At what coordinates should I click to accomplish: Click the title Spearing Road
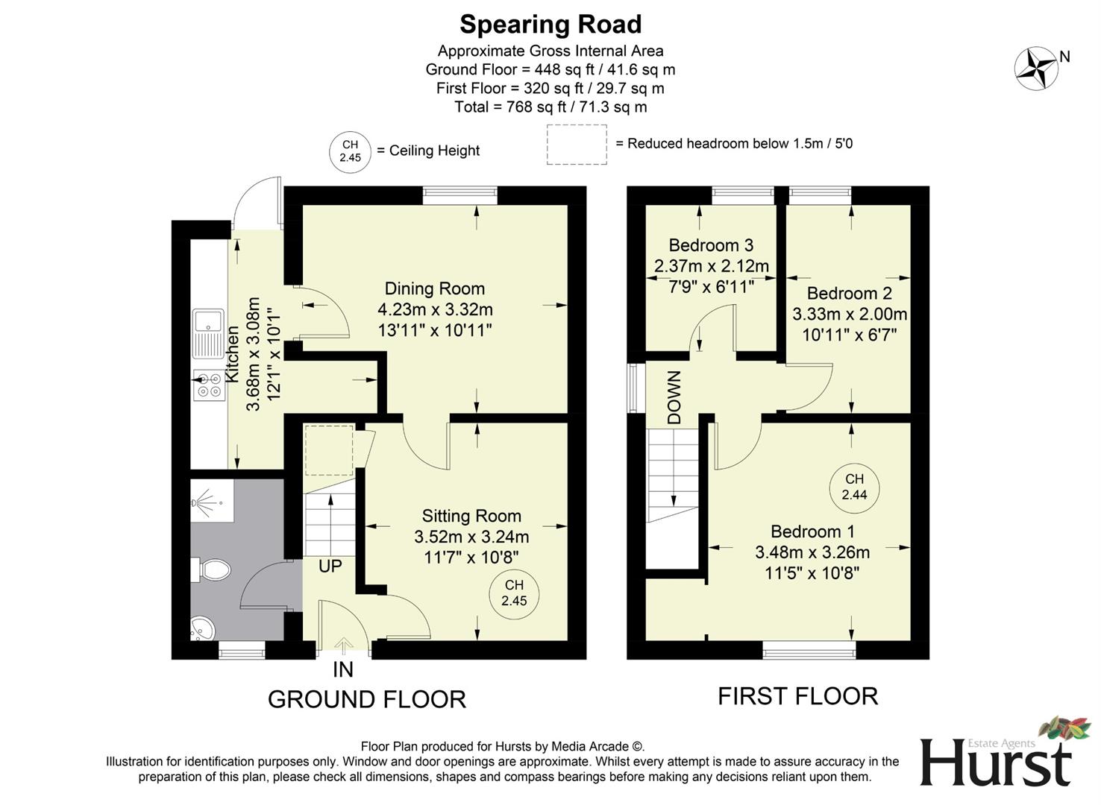[x=550, y=25]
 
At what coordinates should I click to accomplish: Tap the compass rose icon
[x=1035, y=69]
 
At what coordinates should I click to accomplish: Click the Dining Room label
[x=434, y=288]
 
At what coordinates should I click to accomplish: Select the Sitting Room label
[x=471, y=516]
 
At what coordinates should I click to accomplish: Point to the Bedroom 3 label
[x=711, y=245]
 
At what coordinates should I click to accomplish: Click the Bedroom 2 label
[x=849, y=293]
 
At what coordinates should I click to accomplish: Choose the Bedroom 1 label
[x=812, y=531]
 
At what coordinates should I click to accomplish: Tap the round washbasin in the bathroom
[x=201, y=629]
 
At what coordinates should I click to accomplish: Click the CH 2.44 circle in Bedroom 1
[x=854, y=487]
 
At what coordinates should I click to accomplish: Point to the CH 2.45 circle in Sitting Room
[x=514, y=593]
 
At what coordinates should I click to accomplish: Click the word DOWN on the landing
[x=674, y=398]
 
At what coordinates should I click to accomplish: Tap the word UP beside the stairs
[x=330, y=566]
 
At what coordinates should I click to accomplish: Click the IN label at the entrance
[x=342, y=669]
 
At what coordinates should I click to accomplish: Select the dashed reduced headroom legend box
[x=577, y=144]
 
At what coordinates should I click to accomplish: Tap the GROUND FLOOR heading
[x=366, y=699]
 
